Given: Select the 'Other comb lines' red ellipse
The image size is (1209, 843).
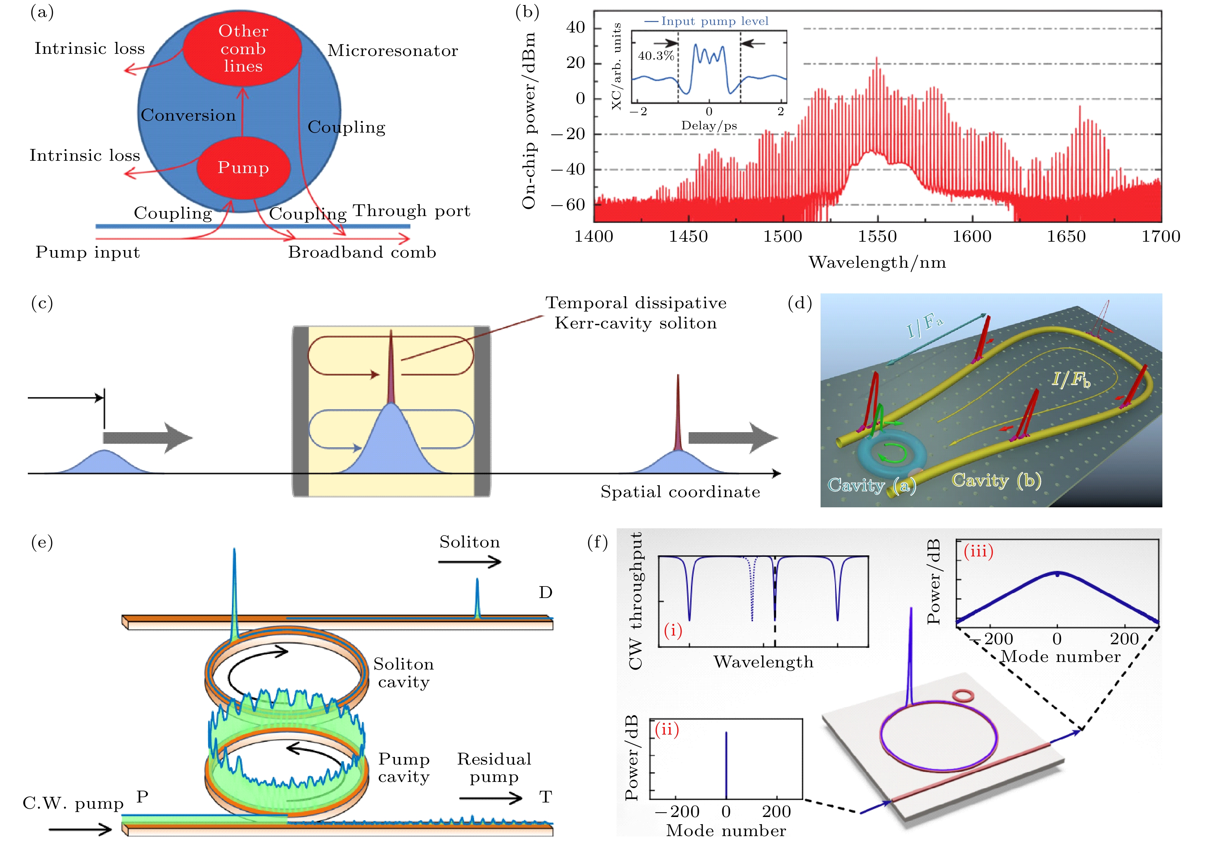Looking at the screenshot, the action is pos(243,48).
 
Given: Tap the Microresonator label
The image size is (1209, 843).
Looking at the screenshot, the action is pos(393,51).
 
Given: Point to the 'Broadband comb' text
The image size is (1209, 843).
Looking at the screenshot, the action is pos(362,252).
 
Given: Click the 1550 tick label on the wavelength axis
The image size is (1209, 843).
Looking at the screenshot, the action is pos(877,236).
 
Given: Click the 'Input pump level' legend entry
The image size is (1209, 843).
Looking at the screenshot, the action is pos(707,21).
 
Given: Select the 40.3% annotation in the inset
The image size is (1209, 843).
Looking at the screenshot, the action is pos(656,56).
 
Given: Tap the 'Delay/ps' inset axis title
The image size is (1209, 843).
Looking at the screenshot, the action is pos(709,126).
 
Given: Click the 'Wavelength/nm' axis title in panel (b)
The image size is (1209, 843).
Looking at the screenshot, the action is pos(877,262).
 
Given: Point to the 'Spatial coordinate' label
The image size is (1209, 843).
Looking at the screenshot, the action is pos(680,492).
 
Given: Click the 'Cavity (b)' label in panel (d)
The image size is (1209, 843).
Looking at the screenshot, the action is pos(996,480).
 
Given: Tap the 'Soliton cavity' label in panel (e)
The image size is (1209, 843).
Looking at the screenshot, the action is pos(404,673).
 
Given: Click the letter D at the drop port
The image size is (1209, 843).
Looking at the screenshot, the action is pos(546,592).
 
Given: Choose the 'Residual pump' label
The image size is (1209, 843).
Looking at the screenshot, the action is pos(494,768).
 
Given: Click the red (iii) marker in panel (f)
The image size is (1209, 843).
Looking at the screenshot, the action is pos(978,551).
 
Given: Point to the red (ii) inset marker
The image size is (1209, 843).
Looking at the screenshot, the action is pos(667,730).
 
